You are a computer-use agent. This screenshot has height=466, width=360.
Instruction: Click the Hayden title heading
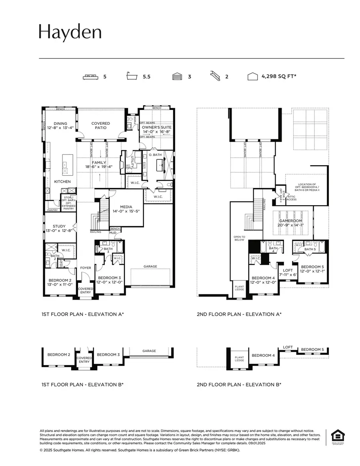(70, 32)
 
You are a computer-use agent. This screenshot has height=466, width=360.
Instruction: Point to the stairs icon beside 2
(215, 76)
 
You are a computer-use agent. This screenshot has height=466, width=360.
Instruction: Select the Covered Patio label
(100, 126)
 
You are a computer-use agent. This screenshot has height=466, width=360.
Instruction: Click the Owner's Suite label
(157, 127)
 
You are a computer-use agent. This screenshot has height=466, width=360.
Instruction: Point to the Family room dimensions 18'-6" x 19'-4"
(99, 167)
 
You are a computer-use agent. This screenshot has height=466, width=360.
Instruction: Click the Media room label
(126, 207)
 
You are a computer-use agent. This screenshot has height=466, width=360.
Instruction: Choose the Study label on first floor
(59, 226)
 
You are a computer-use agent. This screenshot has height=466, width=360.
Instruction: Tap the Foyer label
(86, 268)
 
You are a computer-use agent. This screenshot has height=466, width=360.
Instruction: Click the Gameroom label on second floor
(290, 220)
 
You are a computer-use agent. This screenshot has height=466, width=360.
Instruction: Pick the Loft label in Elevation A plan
(288, 270)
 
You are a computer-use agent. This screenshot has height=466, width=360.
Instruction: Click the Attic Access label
(292, 198)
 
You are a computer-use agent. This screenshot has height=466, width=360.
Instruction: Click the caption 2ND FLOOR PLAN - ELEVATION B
(239, 384)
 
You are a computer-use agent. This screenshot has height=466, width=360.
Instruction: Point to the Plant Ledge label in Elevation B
(239, 358)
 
